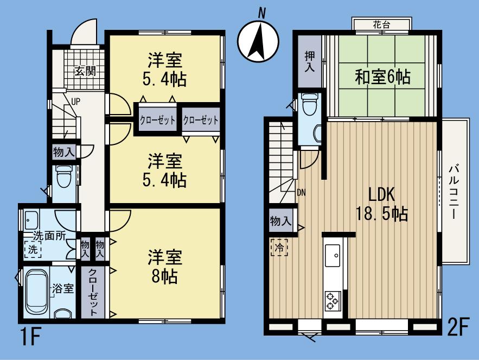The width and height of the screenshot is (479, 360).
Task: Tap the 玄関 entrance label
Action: (85, 71)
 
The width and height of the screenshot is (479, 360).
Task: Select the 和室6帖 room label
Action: (382, 77)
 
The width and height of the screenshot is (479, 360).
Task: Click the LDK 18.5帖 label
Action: (381, 204)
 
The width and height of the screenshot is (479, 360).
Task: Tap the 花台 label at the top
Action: (381, 25)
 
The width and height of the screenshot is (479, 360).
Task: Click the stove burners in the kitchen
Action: (332, 301)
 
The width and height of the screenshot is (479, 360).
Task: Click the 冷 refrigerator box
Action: (279, 247)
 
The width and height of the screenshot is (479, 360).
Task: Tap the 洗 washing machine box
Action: (33, 251)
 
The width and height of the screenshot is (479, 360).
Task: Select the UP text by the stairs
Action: (76, 102)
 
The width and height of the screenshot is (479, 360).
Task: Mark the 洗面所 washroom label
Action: (49, 236)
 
